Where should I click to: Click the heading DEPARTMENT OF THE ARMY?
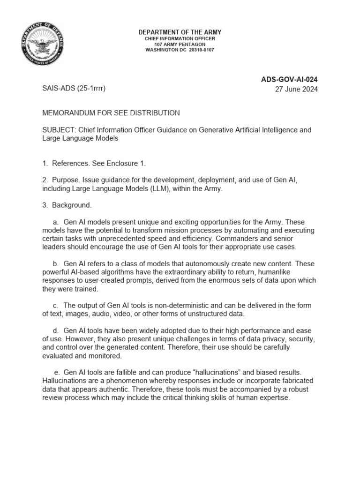click(x=180, y=32)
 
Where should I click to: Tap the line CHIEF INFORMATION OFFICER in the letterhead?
click(x=180, y=38)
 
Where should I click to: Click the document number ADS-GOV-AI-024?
click(x=289, y=80)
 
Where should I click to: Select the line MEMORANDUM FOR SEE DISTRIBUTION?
click(x=111, y=113)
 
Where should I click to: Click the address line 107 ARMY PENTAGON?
click(x=180, y=45)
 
